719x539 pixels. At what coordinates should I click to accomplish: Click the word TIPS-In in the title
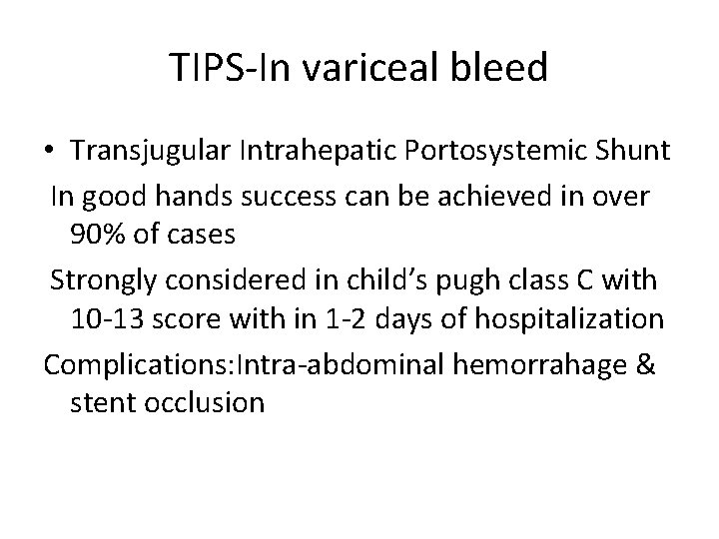[236, 68]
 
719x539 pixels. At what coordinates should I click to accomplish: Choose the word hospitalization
[567, 319]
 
